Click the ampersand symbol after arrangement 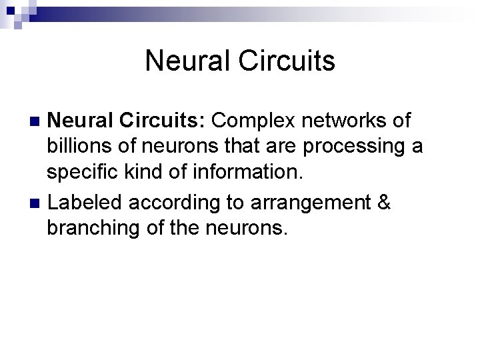coord(383,202)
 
